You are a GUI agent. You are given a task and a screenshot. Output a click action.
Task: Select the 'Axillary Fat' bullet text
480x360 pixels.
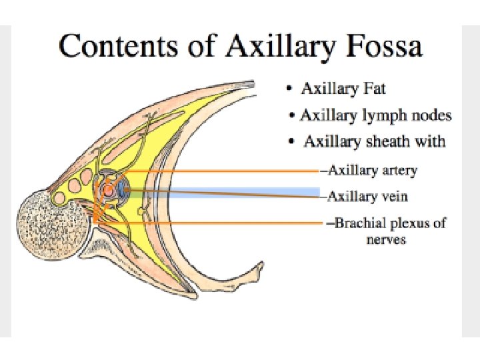pyautogui.click(x=343, y=89)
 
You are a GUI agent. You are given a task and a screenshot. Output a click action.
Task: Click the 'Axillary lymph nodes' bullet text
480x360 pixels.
pyautogui.click(x=375, y=115)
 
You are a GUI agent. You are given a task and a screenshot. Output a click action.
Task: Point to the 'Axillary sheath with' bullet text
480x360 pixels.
pyautogui.click(x=374, y=141)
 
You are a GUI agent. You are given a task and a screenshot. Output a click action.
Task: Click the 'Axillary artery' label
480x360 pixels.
pyautogui.click(x=373, y=171)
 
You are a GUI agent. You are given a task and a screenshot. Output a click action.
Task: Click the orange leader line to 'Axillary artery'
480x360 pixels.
pyautogui.click(x=220, y=171)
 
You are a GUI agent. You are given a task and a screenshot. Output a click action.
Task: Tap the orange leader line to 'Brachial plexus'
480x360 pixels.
pyautogui.click(x=220, y=222)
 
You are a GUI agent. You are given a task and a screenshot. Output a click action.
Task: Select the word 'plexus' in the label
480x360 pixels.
pyautogui.click(x=406, y=223)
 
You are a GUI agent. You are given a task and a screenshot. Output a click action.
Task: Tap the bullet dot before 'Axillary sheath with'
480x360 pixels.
pyautogui.click(x=291, y=141)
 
